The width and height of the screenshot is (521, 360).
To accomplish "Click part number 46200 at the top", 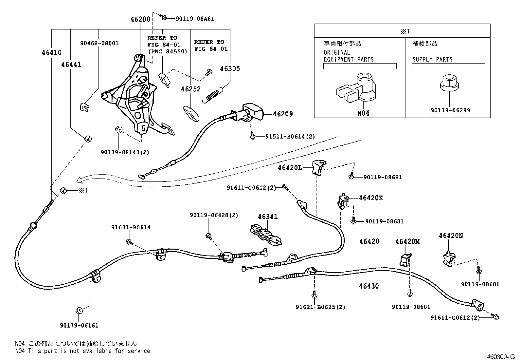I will coord(140,19).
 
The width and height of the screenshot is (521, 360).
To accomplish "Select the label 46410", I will coord(51,52).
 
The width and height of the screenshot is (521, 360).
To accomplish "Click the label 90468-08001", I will coord(99,43).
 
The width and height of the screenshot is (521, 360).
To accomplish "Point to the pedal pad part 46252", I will coord(191,113).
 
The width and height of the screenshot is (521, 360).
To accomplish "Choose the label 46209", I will coord(283,114).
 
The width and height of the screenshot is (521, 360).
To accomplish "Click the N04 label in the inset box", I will coord(363,113).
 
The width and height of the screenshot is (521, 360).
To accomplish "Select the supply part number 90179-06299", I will coord(450,110).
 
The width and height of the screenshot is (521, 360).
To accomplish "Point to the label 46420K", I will coord(370,198).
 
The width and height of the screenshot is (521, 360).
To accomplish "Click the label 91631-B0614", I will coord(131,227).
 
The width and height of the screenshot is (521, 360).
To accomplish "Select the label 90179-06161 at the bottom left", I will coord(79,326).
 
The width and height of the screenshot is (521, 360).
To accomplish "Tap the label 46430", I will coord(368,286).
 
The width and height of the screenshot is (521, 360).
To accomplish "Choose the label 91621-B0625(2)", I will coord(320,307).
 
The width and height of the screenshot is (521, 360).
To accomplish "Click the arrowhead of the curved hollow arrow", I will coord(79,180).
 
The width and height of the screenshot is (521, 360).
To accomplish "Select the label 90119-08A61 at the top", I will coord(195,19).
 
